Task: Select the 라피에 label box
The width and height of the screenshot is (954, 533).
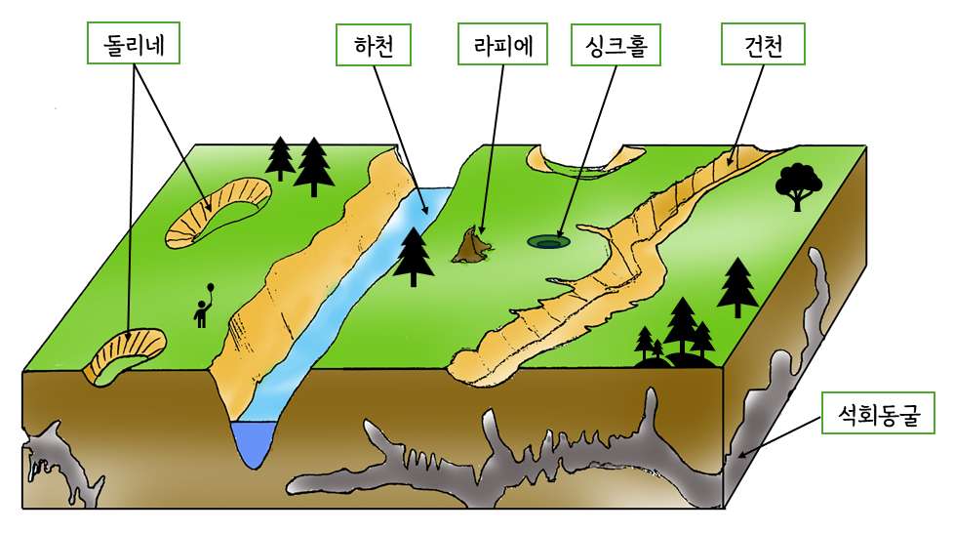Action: click(501, 44)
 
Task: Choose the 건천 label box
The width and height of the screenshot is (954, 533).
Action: click(763, 44)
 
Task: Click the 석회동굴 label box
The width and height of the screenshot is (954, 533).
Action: click(879, 413)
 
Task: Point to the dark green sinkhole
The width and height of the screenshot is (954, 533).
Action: click(547, 240)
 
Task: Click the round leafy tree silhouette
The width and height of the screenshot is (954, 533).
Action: click(798, 184)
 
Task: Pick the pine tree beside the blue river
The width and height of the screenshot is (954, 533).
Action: click(415, 256)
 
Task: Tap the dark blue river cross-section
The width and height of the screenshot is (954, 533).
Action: click(256, 443)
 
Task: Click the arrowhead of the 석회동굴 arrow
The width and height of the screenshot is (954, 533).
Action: click(740, 455)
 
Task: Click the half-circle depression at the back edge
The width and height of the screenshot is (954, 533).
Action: click(585, 158)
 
